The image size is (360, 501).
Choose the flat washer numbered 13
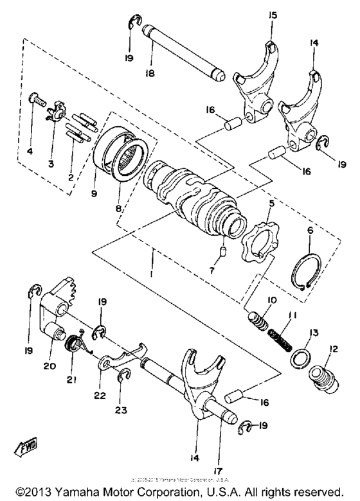click(x=300, y=357)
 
